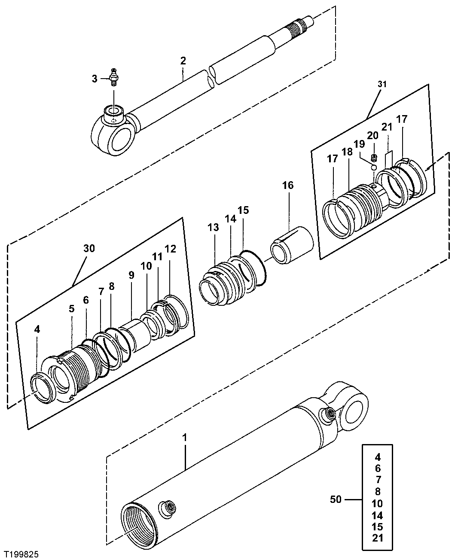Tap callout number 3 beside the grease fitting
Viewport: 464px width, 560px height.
[x=94, y=78]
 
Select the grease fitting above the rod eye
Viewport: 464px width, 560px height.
[x=113, y=77]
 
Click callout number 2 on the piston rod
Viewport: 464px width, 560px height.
[x=183, y=61]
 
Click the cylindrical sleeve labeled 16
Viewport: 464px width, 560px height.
[x=292, y=244]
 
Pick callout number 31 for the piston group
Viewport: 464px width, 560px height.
[x=382, y=84]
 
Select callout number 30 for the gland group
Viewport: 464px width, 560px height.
[x=89, y=248]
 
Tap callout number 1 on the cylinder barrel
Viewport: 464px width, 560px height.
[x=185, y=438]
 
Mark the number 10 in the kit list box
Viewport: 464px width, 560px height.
[x=377, y=503]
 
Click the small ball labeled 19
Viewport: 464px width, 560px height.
[x=373, y=167]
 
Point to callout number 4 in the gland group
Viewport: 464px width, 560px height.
[x=37, y=329]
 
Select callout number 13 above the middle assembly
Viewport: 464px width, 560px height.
[x=214, y=228]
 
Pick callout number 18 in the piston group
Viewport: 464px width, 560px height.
[x=347, y=152]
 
